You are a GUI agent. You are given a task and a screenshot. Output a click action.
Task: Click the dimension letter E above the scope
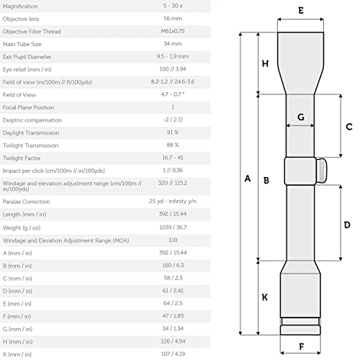tap(301, 11)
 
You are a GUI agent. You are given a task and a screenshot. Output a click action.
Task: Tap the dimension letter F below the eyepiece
tap(302, 346)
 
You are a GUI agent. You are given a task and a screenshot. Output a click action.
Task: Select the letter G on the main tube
tap(301, 117)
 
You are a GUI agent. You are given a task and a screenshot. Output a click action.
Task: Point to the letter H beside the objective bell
tap(265, 63)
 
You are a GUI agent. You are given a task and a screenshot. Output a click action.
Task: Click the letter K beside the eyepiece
tap(265, 297)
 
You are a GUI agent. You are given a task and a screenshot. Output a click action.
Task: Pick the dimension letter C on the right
tap(349, 127)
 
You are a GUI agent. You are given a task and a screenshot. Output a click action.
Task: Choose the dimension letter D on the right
tap(347, 225)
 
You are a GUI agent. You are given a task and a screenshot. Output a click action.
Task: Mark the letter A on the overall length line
tap(248, 179)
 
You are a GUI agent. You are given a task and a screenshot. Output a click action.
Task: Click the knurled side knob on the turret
tap(321, 171)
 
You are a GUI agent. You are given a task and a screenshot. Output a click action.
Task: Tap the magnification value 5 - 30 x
tap(173, 6)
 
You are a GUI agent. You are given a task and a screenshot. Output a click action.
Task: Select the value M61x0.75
tap(173, 31)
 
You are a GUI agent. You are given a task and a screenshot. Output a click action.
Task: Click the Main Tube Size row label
tap(22, 44)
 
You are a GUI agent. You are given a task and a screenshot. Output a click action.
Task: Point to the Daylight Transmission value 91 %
tap(173, 132)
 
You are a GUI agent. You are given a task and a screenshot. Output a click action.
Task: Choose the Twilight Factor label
tap(22, 158)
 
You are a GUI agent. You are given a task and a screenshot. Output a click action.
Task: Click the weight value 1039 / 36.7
tap(173, 227)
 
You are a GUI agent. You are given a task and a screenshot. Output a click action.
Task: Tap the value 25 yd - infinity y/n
tap(173, 201)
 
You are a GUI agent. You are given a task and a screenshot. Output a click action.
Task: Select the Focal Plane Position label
tap(28, 107)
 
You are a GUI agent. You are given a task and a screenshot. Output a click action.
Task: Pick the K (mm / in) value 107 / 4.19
tap(173, 354)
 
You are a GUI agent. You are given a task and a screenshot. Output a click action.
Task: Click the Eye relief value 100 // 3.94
tap(173, 69)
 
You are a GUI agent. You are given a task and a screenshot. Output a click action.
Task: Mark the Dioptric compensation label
tap(32, 120)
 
